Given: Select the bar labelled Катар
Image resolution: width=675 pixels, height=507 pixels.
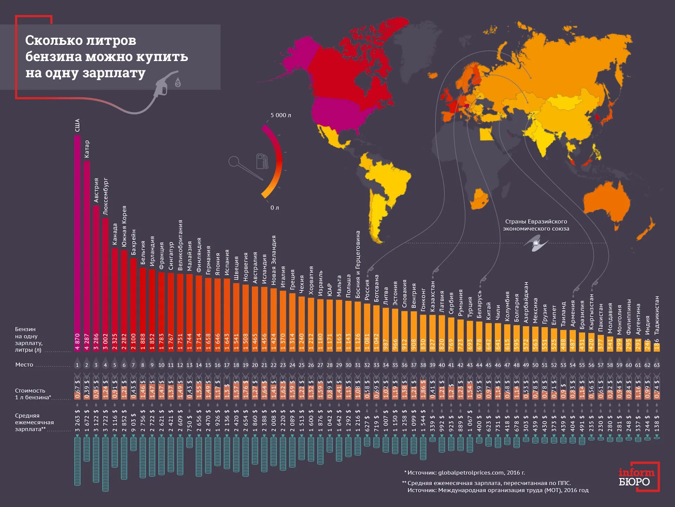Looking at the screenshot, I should tap(87, 246).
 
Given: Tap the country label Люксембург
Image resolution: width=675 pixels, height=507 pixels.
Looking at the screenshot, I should tap(105, 197).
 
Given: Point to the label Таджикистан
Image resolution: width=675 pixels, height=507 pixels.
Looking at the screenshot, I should tap(656, 315).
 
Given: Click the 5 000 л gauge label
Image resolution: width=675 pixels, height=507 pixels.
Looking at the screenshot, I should tap(281, 115).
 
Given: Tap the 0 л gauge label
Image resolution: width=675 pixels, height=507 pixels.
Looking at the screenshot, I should tap(275, 208).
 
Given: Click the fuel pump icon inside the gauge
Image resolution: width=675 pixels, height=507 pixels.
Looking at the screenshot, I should tap(262, 161).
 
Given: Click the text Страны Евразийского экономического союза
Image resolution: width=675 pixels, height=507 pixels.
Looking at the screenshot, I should tap(536, 225).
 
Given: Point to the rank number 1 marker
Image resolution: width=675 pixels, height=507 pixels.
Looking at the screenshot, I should tap(77, 365).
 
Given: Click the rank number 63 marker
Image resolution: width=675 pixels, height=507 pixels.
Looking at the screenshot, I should tap(656, 365).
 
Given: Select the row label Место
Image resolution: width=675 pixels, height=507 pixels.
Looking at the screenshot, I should tap(24, 365).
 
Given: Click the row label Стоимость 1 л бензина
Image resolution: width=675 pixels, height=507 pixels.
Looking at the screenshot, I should tap(33, 394).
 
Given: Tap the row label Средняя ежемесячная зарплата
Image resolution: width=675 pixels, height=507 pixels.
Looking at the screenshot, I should tap(34, 422).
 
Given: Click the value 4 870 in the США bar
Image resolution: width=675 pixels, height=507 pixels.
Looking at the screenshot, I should tap(77, 342).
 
